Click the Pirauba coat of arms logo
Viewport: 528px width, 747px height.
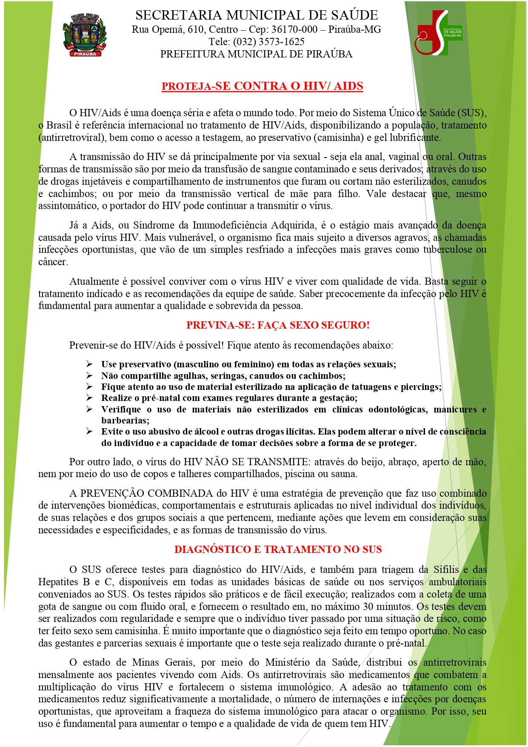(85, 35)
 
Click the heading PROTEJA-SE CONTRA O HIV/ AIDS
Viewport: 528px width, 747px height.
(262, 86)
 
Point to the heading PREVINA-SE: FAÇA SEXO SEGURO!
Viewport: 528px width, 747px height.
(278, 325)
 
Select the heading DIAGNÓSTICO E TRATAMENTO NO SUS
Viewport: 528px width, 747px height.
(278, 550)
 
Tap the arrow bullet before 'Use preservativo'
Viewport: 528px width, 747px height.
(89, 364)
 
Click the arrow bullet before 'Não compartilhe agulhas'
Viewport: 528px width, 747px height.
(89, 375)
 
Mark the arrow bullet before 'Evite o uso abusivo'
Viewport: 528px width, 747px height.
(89, 431)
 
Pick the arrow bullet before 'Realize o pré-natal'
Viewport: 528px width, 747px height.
(89, 398)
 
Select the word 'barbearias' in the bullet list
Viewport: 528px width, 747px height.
(125, 421)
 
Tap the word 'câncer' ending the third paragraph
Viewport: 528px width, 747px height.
(53, 262)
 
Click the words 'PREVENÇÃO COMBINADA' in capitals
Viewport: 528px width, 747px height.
(146, 494)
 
